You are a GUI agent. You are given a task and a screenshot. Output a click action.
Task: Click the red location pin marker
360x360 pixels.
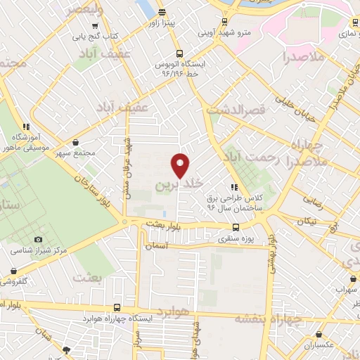(181, 165)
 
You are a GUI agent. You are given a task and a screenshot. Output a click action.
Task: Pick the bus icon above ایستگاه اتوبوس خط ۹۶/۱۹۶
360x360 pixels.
(179, 53)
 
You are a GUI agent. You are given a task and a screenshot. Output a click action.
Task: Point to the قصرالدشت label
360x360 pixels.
(234, 110)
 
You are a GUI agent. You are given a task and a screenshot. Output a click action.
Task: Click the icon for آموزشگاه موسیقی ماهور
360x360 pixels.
(26, 127)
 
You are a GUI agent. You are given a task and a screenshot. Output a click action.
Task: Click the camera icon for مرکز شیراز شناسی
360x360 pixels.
(38, 240)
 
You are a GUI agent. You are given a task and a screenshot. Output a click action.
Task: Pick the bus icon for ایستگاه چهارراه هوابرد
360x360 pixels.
(117, 307)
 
